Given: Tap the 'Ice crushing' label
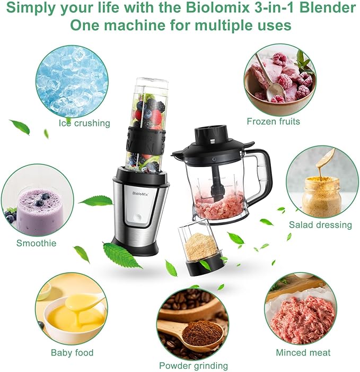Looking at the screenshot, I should point(85,123).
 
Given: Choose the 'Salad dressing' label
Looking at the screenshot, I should point(320,225).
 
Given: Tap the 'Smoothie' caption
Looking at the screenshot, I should point(36,243).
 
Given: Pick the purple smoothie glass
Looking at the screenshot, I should point(40,210).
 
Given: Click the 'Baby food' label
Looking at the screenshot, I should point(72,352).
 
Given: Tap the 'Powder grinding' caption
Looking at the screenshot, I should point(194,365).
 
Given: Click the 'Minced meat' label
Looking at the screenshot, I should point(303,352).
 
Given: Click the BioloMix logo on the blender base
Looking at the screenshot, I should point(139,194).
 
